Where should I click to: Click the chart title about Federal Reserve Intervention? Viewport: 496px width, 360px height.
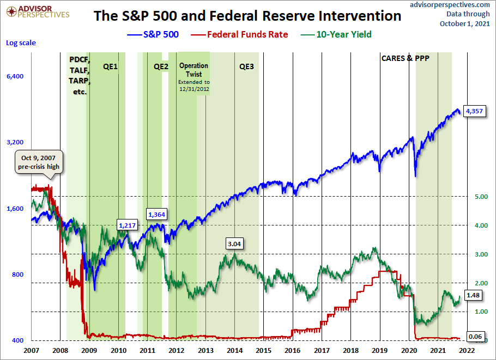click(247, 16)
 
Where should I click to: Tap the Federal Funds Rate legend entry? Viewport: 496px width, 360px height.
click(239, 34)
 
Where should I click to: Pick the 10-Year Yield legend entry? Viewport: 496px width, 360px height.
click(336, 34)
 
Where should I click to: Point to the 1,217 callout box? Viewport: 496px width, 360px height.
click(127, 224)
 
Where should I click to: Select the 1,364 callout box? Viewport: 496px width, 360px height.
click(156, 214)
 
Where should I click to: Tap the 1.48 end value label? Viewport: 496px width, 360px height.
click(473, 295)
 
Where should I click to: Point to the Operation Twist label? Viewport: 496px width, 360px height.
click(193, 70)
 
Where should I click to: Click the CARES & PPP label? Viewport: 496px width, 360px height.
click(405, 58)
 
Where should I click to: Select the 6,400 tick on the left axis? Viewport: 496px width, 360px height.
click(15, 77)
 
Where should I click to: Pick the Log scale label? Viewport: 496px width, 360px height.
click(21, 42)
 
